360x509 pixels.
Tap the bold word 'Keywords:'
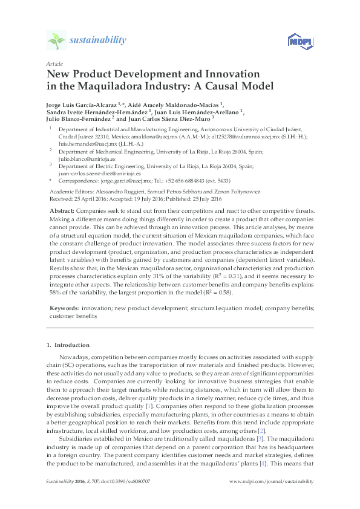tap(65, 308)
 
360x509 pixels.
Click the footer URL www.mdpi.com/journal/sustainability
tap(272, 482)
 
